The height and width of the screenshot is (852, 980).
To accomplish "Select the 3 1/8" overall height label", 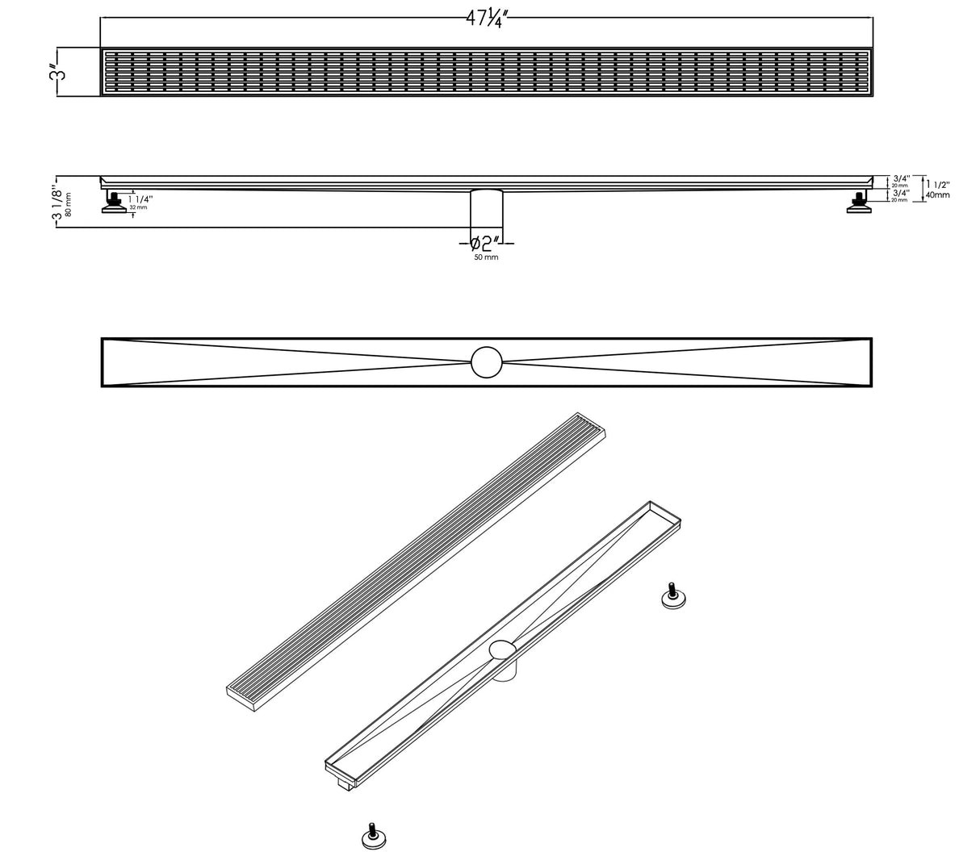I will click(x=57, y=202).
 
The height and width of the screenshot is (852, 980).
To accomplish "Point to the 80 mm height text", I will click(x=69, y=203).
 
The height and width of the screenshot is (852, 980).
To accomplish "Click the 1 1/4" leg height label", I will click(x=140, y=198).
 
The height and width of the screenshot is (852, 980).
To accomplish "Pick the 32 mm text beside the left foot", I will click(x=138, y=207).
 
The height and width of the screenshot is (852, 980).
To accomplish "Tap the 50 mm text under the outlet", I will click(x=486, y=257).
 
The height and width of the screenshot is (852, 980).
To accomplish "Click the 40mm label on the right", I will click(x=937, y=195).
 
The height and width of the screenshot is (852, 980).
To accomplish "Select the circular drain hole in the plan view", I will click(x=487, y=361).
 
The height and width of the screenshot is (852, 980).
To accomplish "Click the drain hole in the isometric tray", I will click(x=503, y=648).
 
